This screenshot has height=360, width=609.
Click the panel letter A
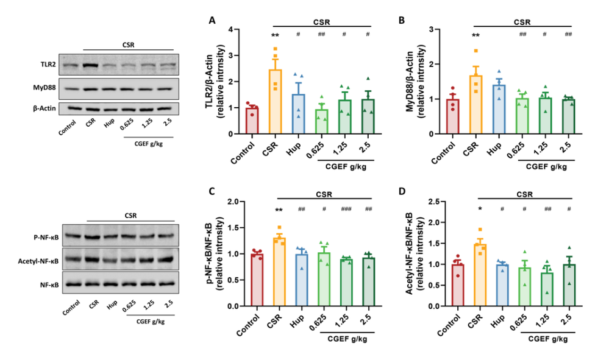pyautogui.click(x=212, y=20)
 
